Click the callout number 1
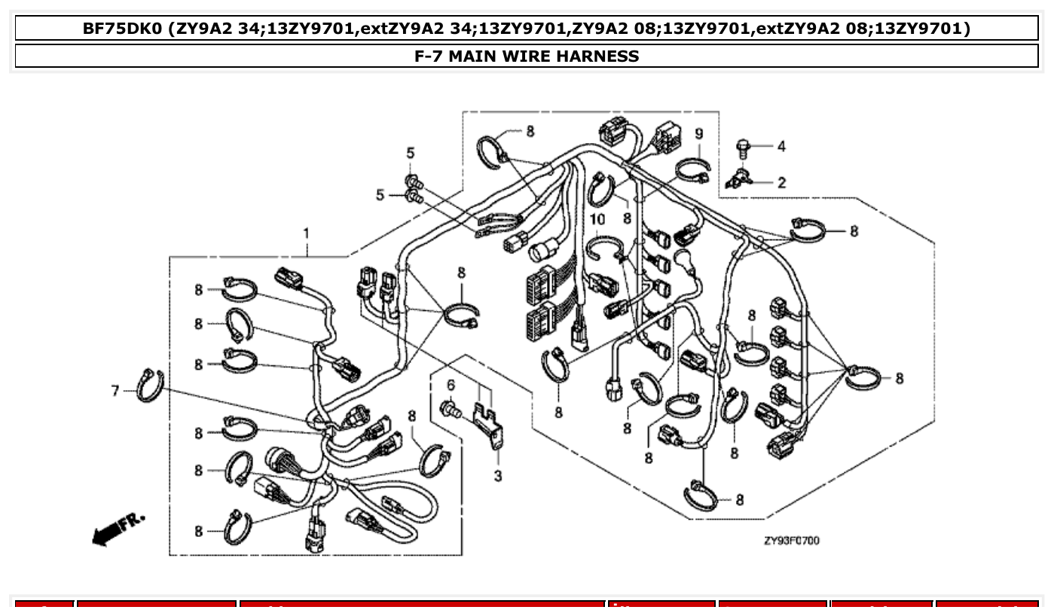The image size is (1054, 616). [x=306, y=233]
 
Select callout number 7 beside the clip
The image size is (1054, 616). [x=115, y=390]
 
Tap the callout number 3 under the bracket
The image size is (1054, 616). [x=498, y=477]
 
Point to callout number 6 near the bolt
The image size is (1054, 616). [x=451, y=385]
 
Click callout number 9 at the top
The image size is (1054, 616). [x=699, y=133]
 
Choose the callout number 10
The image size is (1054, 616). [x=597, y=220]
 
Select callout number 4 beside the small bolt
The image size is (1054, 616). [x=781, y=146]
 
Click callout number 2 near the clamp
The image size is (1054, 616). [x=781, y=182]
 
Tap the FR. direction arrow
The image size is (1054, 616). [x=117, y=529]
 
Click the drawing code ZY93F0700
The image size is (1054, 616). [x=791, y=541]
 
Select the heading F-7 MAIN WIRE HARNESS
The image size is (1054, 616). [x=527, y=56]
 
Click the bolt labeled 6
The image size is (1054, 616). [x=449, y=410]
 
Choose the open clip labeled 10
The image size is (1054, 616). [x=605, y=249]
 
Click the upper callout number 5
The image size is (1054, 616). [x=411, y=153]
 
